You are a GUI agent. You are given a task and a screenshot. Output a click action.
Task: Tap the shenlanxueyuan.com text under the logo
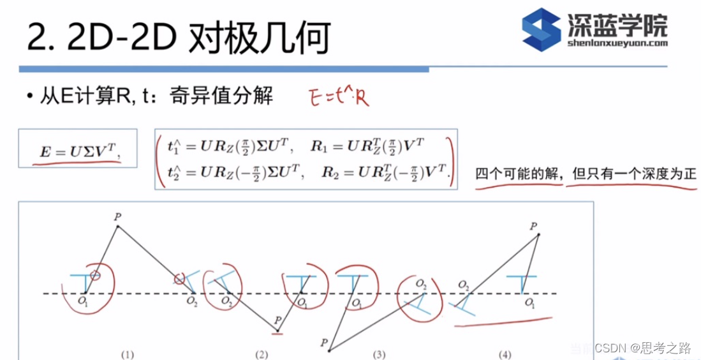pyautogui.click(x=616, y=43)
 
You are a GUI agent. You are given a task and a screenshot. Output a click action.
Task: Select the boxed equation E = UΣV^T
pyautogui.click(x=78, y=151)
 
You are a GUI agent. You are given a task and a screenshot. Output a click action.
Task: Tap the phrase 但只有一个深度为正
pyautogui.click(x=632, y=174)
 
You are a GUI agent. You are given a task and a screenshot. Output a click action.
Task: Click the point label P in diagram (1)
pyautogui.click(x=117, y=217)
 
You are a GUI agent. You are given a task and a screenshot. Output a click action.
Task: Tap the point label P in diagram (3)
pyautogui.click(x=324, y=343)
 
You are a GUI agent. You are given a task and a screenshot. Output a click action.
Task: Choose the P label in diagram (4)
pyautogui.click(x=533, y=226)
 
